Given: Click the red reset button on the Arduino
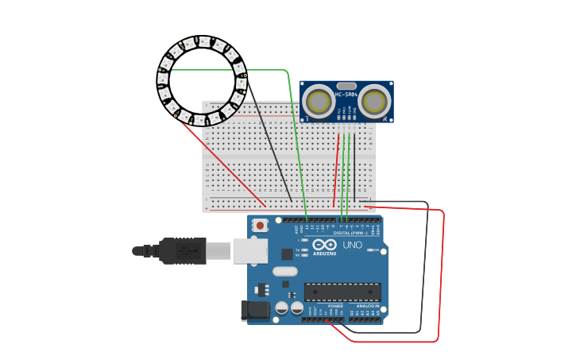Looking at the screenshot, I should coord(261,226).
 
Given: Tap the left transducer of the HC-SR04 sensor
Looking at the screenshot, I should coord(319,102).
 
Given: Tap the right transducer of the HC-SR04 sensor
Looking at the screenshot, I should coord(373,102).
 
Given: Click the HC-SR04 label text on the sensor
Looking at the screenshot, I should coord(346,95).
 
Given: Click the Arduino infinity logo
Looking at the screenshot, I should coord(324,245).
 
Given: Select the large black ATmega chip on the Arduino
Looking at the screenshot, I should coord(342,292).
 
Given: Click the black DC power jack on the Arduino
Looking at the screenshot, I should coord(256,310).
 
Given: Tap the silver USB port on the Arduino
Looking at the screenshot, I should coord(249,250).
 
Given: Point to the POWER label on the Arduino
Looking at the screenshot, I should coord(336,305).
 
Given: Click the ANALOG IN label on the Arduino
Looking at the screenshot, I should coord(366,305).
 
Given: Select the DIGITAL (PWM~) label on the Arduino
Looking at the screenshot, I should coord(350,233).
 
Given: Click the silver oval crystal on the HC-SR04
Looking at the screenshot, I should coord(346,86).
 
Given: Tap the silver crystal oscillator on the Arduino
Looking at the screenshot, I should coord(284,271).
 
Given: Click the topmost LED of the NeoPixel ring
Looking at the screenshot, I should coord(203,42).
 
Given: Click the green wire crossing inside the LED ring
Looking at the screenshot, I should coord(207,70).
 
